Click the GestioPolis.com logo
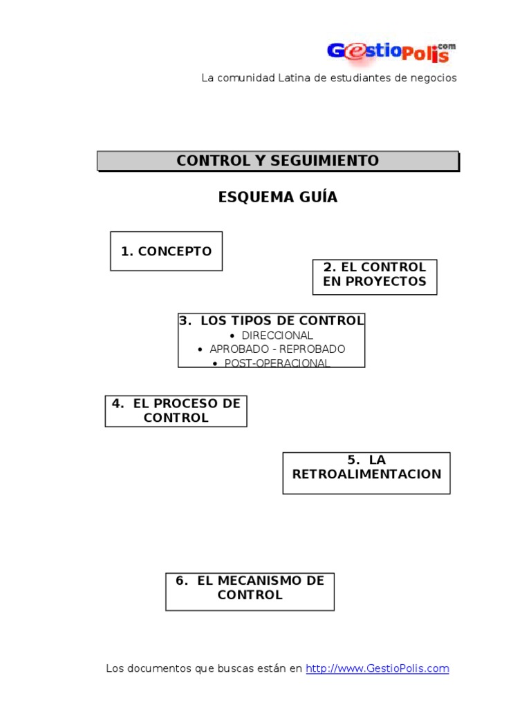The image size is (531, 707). (x=391, y=52)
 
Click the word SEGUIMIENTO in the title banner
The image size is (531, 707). (x=325, y=160)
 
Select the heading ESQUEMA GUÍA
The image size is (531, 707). (x=278, y=197)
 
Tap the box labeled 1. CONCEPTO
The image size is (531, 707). (x=166, y=251)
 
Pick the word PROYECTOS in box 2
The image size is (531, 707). (x=386, y=282)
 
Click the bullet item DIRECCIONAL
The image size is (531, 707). (x=277, y=336)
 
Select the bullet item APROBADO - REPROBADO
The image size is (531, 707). (x=277, y=349)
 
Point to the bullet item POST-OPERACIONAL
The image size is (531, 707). (x=277, y=363)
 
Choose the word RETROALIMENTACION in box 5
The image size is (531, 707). (x=366, y=474)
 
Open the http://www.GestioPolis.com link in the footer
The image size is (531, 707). (x=378, y=668)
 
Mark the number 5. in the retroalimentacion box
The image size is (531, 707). (x=353, y=460)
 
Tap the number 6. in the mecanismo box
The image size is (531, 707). (x=182, y=581)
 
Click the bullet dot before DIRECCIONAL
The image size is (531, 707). (x=232, y=336)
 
